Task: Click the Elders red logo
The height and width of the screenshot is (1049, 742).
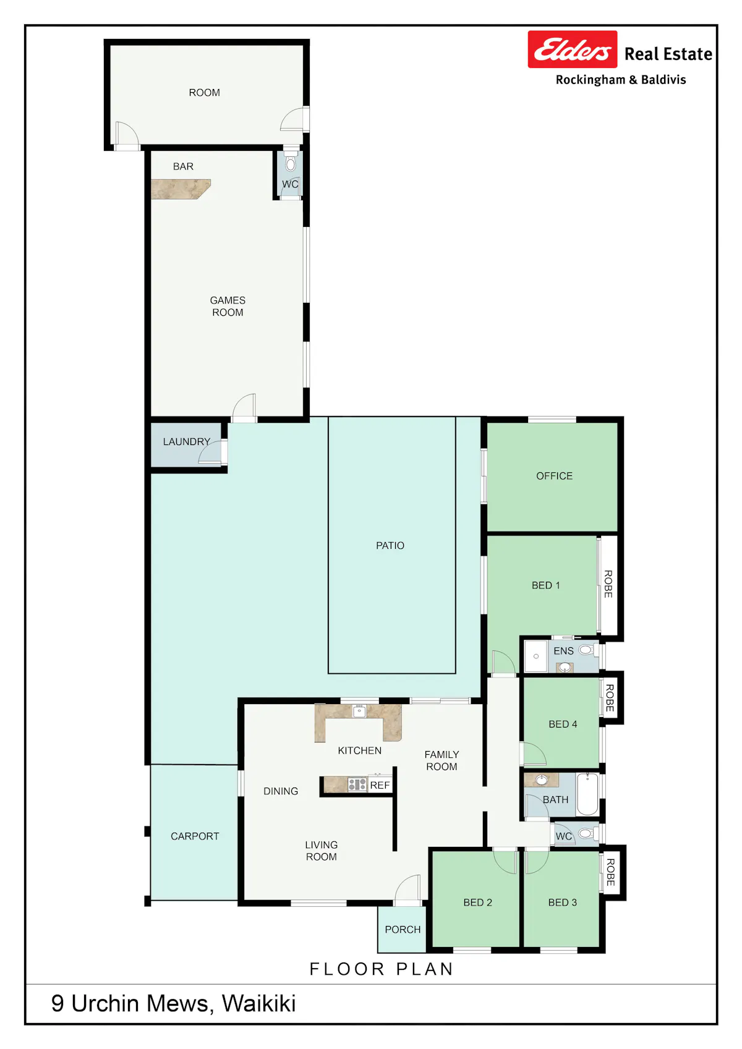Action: (572, 49)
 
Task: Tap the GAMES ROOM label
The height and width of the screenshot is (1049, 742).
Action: (228, 306)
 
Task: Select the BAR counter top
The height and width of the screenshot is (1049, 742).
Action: (181, 189)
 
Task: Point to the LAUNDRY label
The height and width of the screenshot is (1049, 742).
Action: (187, 441)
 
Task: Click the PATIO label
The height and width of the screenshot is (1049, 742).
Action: (390, 546)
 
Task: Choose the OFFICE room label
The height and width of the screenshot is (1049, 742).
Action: (554, 476)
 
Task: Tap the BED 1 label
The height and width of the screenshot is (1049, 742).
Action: (546, 585)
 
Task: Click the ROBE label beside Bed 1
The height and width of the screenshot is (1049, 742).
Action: (608, 584)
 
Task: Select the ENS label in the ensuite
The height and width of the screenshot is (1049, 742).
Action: (563, 651)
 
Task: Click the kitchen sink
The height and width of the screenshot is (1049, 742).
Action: (359, 711)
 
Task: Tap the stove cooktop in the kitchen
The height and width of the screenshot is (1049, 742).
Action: (357, 784)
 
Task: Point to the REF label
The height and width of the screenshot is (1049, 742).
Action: (380, 785)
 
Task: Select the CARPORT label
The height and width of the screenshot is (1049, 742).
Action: (195, 836)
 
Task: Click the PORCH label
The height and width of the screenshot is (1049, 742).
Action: (403, 930)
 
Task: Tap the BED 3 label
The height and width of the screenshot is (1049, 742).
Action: (563, 902)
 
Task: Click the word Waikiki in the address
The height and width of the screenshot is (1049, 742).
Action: (258, 1004)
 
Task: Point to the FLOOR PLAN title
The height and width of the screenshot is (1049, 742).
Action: (382, 969)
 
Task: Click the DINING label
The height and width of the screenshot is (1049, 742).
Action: (281, 791)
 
